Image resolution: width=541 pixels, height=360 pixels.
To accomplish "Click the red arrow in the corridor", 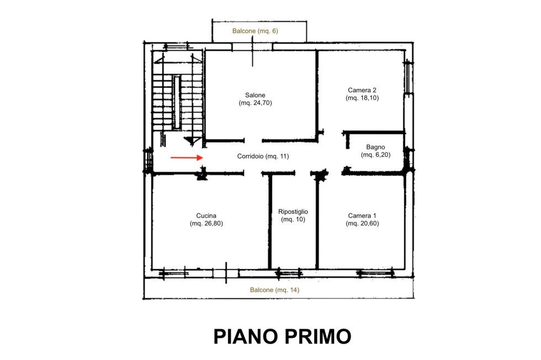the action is tap(187, 158).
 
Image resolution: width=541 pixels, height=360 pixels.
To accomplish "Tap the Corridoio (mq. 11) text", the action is tap(263, 156).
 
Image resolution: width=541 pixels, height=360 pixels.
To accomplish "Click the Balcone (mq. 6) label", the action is tap(255, 31).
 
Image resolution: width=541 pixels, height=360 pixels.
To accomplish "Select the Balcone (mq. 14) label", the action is tap(275, 290).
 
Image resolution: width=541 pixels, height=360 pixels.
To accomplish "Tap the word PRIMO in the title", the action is tap(318, 336).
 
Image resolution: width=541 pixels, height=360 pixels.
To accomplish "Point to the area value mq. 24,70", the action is tap(255, 103).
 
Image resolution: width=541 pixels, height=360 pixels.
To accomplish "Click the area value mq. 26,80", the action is tap(206, 223).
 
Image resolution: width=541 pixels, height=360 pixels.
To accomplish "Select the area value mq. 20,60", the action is tap(362, 223).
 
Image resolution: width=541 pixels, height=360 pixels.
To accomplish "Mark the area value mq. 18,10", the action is tap(362, 98).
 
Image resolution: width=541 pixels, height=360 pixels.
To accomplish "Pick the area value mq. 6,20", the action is tap(376, 155).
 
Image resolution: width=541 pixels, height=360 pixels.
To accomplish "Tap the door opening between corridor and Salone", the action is tap(253, 140).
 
